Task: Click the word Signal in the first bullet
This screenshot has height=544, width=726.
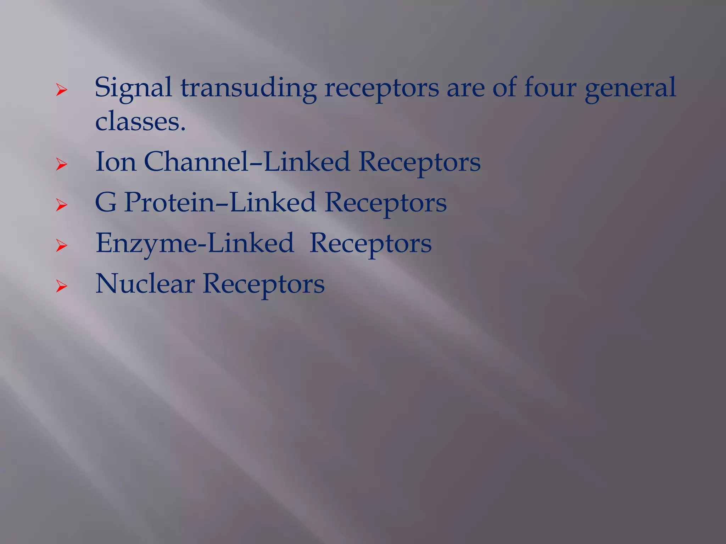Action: click(x=133, y=88)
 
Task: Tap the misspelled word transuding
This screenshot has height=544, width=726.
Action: click(x=248, y=88)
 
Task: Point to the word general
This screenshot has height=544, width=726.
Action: click(x=630, y=88)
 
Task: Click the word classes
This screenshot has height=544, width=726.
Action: click(x=140, y=121)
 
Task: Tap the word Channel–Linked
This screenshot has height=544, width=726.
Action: click(x=247, y=162)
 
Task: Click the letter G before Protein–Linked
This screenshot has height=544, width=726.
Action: click(x=106, y=203)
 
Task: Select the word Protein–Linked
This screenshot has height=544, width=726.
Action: click(x=220, y=203)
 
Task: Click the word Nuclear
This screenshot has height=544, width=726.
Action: click(x=145, y=284)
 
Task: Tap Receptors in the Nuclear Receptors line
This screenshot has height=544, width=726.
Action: click(x=263, y=284)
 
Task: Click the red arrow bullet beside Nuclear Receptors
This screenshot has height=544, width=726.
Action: click(x=61, y=287)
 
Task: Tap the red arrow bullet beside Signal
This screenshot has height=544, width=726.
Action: click(x=61, y=90)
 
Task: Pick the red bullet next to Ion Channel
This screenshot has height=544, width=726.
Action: click(x=61, y=165)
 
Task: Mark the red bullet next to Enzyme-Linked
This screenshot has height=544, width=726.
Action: click(x=61, y=246)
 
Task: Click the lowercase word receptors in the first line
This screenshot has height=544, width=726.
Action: click(x=381, y=88)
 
